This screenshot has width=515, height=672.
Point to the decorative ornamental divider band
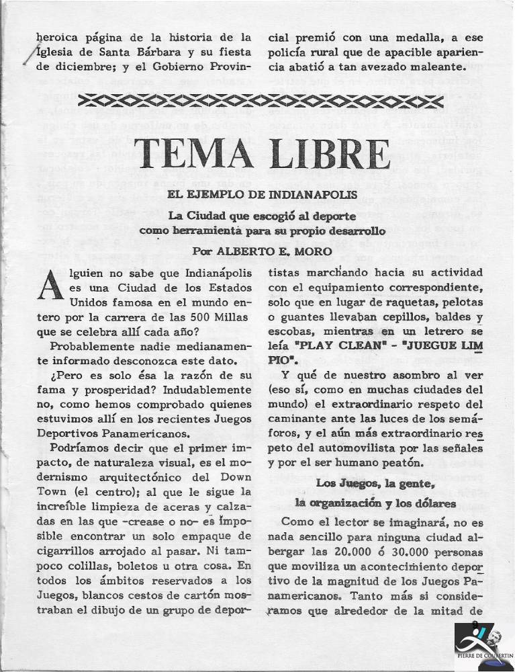point(258,102)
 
